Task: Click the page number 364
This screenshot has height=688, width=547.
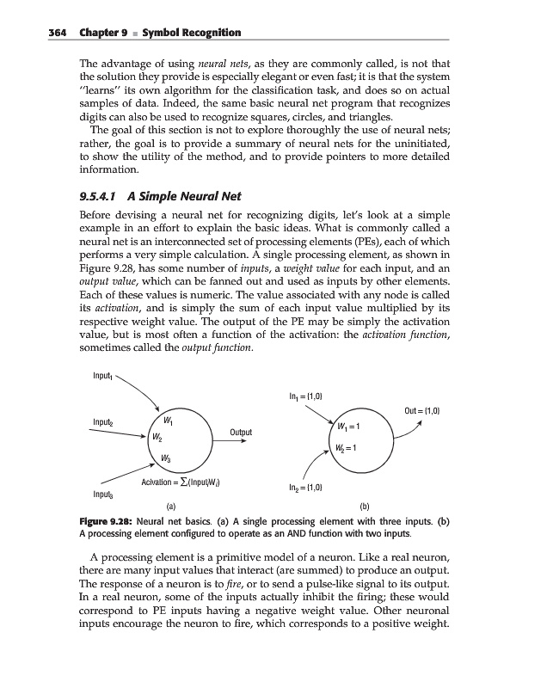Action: pyautogui.click(x=34, y=33)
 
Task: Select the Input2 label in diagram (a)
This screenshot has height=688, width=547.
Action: pyautogui.click(x=106, y=421)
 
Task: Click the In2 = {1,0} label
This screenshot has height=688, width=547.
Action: pyautogui.click(x=308, y=488)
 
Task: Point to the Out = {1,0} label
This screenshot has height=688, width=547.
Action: pyautogui.click(x=421, y=411)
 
